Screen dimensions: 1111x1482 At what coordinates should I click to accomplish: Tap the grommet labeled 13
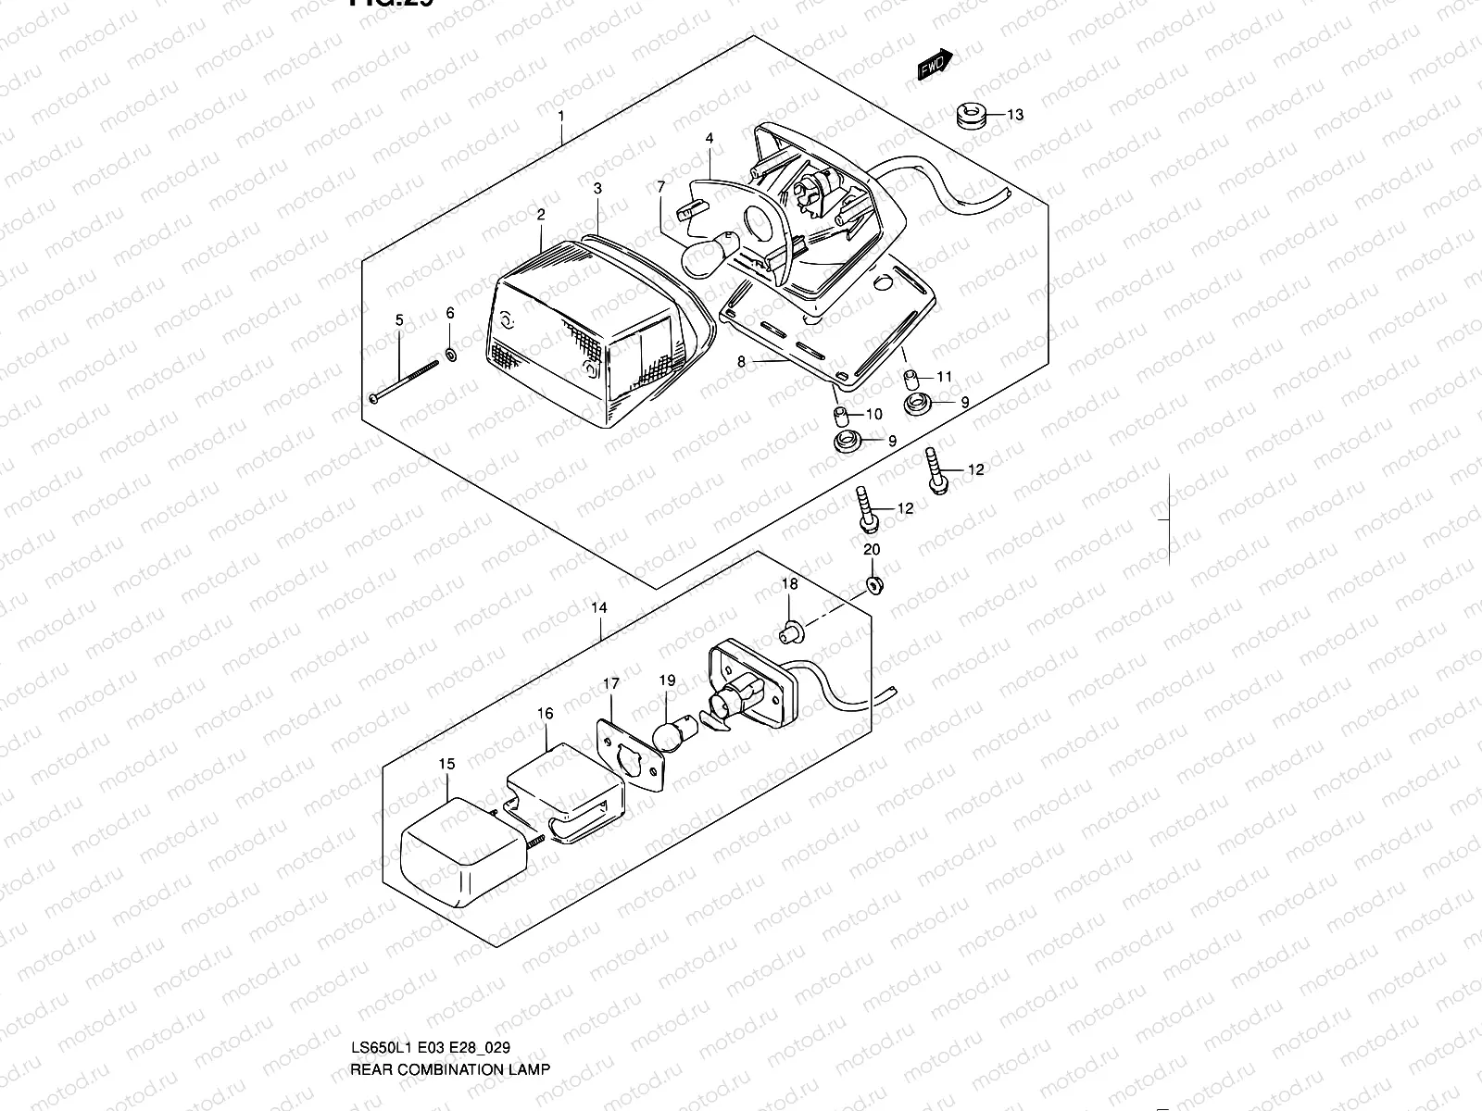point(969,118)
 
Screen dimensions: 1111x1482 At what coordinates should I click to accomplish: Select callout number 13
point(1015,115)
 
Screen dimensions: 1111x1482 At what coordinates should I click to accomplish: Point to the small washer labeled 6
point(450,354)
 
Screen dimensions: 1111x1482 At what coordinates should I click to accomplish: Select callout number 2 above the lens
point(541,215)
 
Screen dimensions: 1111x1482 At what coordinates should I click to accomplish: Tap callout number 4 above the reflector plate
point(709,139)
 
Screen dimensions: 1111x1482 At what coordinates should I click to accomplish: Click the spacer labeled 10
point(841,413)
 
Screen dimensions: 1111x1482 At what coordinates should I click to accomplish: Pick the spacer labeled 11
point(911,378)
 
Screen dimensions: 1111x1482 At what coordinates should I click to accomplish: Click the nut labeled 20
point(873,585)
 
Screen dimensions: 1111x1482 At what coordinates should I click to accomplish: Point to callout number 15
point(447,764)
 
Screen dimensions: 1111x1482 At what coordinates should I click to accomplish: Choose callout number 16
point(545,714)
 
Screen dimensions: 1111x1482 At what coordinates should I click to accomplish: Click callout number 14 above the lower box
point(599,608)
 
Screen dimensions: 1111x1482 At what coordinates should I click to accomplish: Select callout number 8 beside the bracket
point(741,363)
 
